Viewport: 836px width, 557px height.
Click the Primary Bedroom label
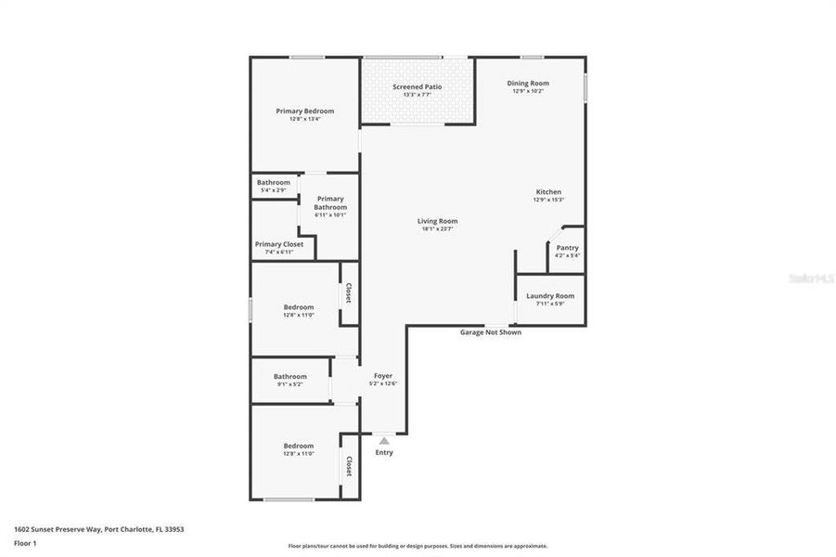tap(304, 110)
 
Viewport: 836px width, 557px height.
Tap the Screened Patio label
tap(417, 86)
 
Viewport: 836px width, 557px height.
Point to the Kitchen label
tap(548, 192)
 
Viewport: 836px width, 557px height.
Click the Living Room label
tap(437, 221)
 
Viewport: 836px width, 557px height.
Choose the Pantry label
tap(567, 248)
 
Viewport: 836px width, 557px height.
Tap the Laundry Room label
tap(550, 296)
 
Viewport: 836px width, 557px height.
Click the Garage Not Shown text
tap(491, 332)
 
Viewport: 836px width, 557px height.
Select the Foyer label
tap(383, 376)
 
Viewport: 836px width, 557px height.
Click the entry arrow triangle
tap(384, 440)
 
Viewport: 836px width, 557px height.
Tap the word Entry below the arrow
tap(384, 453)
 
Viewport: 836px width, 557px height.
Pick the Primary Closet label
tap(279, 244)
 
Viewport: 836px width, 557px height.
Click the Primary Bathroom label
tap(330, 202)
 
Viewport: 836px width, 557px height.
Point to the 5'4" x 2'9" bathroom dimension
tap(274, 190)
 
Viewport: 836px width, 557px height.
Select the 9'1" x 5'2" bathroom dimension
tap(289, 384)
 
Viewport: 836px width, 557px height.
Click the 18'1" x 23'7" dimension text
tap(437, 229)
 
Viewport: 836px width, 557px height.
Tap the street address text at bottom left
tap(99, 529)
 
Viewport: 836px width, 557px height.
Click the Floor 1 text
tap(25, 543)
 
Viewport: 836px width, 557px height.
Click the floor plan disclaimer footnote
tap(418, 546)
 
